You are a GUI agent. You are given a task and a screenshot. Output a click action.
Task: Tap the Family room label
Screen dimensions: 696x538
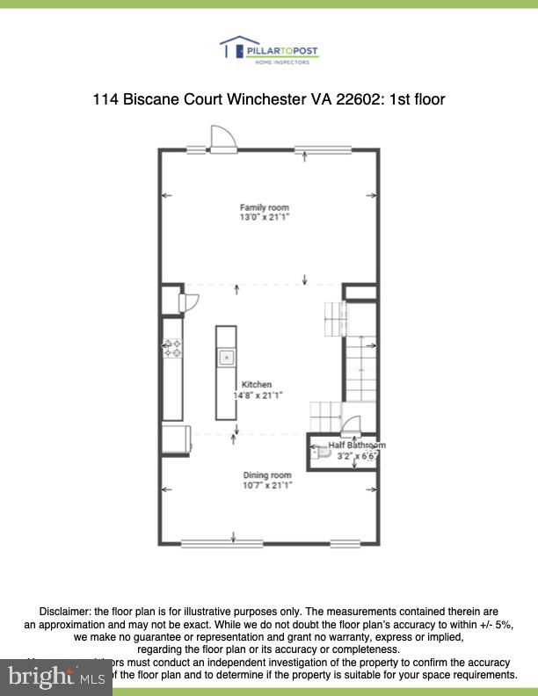(265, 207)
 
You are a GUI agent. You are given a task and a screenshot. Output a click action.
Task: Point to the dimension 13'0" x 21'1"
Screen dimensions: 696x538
(265, 217)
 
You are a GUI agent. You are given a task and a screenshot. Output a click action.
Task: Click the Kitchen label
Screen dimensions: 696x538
(257, 385)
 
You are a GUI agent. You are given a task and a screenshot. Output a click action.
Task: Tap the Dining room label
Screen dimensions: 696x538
(267, 475)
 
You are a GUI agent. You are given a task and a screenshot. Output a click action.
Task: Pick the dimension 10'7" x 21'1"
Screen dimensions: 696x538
(267, 485)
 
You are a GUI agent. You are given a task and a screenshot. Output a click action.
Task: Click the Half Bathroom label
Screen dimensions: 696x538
(357, 446)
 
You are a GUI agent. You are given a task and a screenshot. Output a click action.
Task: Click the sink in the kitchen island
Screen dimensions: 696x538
(227, 357)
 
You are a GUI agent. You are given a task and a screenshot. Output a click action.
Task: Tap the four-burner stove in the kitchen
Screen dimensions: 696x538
(172, 348)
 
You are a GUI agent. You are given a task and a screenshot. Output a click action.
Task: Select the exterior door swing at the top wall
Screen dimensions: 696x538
(222, 139)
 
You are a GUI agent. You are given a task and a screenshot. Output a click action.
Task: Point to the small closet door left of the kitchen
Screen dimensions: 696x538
(187, 301)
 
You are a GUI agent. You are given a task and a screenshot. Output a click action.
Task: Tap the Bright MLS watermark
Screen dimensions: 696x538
(55, 676)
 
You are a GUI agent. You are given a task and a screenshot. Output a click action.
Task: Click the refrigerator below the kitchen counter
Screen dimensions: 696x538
(175, 439)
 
